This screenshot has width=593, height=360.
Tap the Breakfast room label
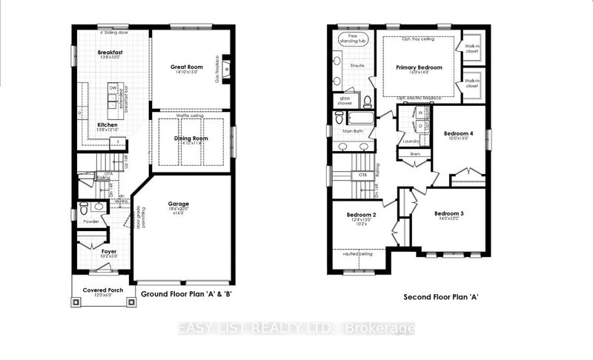click(109, 52)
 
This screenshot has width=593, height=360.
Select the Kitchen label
click(107, 124)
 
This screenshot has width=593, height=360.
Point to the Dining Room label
click(191, 139)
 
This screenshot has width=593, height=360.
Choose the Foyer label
click(108, 252)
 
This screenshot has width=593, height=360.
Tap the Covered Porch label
click(103, 290)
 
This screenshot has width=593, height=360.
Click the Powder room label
click(90, 221)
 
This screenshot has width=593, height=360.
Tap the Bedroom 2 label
click(362, 215)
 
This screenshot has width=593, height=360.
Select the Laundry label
click(411, 140)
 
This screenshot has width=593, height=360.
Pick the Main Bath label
click(353, 132)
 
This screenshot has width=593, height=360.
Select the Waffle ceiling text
click(191, 116)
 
